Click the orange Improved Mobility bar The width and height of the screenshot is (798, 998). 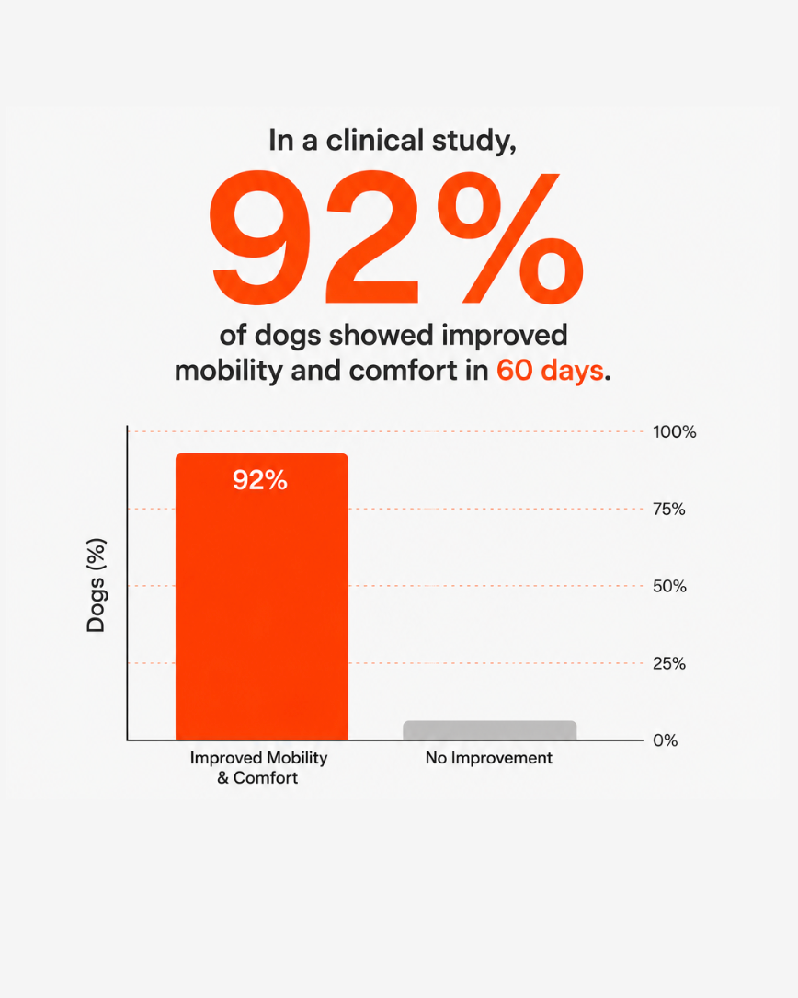pos(261,596)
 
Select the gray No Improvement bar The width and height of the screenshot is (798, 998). pos(489,730)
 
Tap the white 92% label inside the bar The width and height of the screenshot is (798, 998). pos(259,480)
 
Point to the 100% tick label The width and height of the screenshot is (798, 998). pos(675,431)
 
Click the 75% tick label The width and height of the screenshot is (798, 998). pos(669,510)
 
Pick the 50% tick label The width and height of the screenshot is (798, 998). pos(669,586)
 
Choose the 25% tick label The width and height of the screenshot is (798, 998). pos(669,663)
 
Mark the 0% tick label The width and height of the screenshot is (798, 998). pos(665,740)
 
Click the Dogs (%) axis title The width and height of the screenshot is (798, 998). pos(97,585)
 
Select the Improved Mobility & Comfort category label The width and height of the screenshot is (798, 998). pos(258,768)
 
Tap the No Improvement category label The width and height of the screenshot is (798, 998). pos(489,757)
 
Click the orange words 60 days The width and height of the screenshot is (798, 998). pos(550,370)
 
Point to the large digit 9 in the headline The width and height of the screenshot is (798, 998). pos(260,237)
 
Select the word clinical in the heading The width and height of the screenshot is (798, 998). pos(375,140)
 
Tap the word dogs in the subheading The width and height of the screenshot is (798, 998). pos(289,336)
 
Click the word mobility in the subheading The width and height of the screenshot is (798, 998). pos(228,371)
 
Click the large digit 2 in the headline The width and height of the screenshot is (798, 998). pos(372,237)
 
